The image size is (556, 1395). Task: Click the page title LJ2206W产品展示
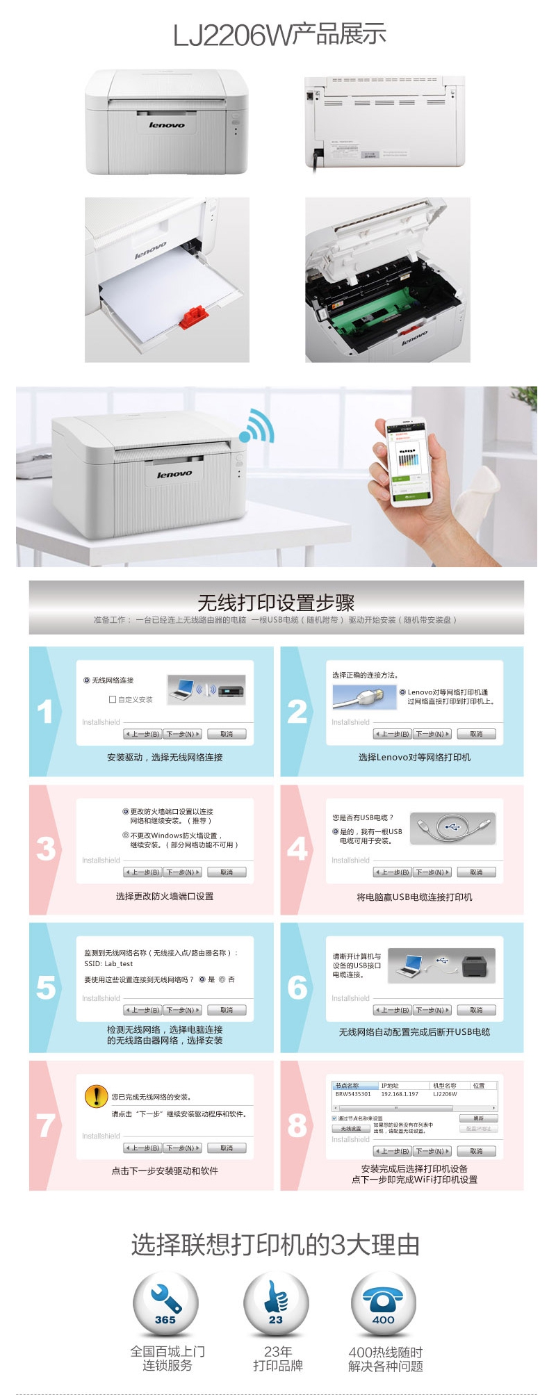(x=279, y=35)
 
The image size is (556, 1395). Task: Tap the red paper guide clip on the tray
(x=194, y=316)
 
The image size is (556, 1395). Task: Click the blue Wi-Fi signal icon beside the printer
(x=257, y=426)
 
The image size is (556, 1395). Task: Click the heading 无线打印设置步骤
(x=276, y=602)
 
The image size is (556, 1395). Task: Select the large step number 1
(x=45, y=712)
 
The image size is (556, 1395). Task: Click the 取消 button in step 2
(x=476, y=734)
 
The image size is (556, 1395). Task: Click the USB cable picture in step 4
(x=452, y=828)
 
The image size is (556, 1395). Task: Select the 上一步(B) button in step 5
(x=142, y=1010)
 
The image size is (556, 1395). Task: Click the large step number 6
(x=297, y=987)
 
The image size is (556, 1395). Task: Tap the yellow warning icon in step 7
(x=95, y=1096)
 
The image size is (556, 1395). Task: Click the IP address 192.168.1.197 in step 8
(x=400, y=1094)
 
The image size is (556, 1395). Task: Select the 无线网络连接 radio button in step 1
(x=87, y=680)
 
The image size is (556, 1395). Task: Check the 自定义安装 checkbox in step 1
(x=113, y=700)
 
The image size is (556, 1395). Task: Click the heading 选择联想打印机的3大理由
(x=275, y=1244)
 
